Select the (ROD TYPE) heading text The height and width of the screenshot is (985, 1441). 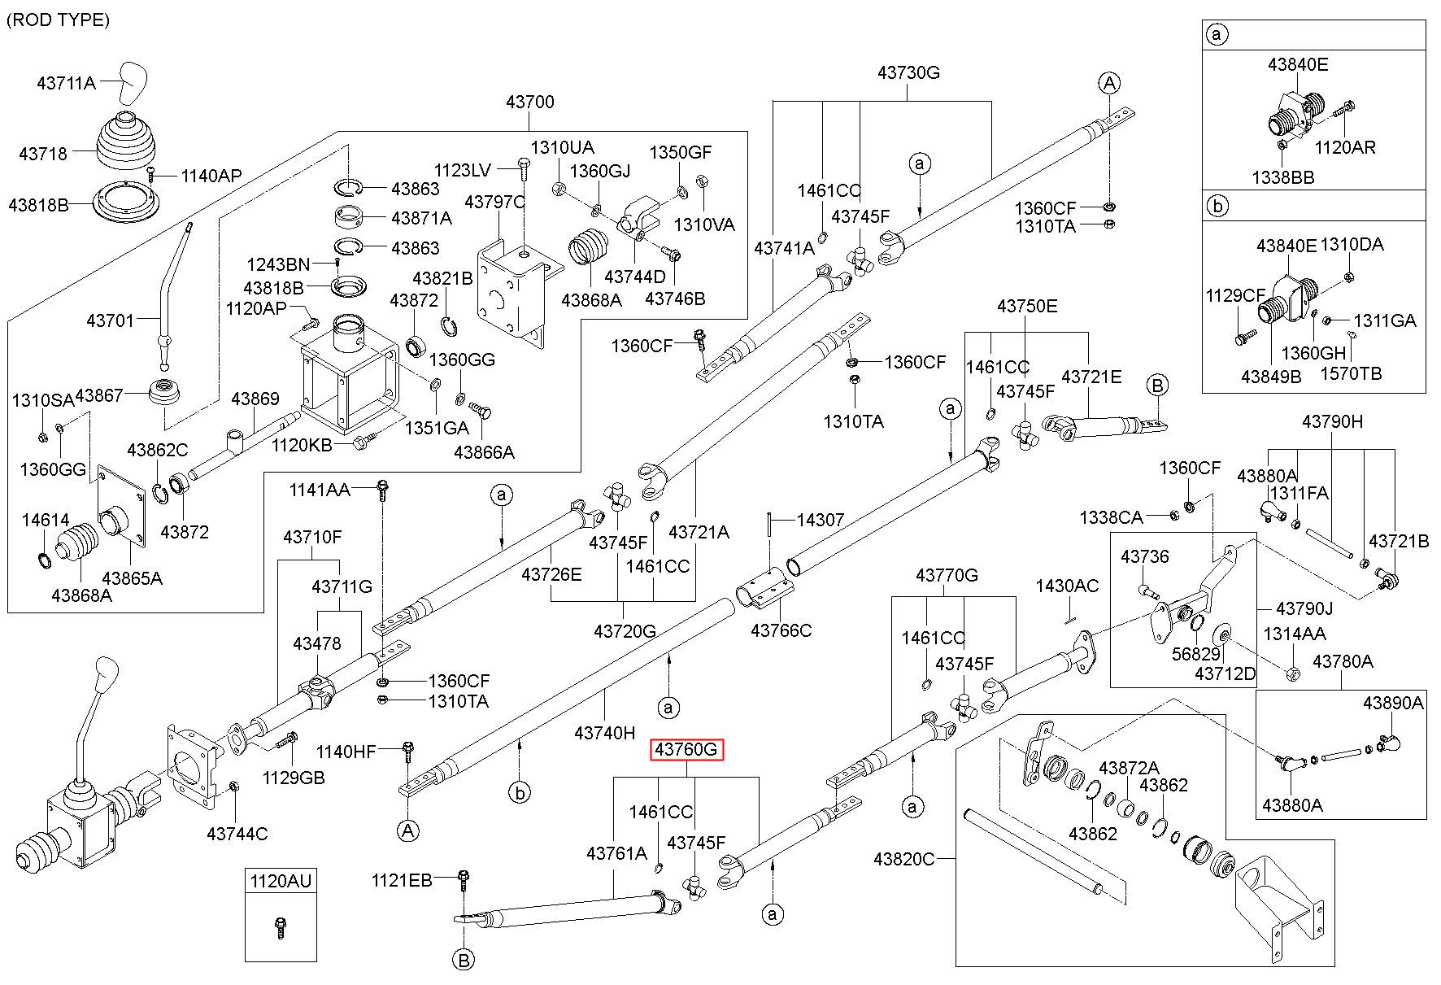(58, 20)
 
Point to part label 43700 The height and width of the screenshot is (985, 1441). (529, 102)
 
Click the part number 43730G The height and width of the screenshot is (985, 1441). (908, 72)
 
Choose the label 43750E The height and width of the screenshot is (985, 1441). (1027, 306)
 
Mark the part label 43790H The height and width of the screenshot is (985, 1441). (1332, 421)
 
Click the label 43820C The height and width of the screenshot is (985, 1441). (904, 858)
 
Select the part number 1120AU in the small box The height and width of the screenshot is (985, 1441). (280, 880)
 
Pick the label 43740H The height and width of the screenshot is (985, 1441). (604, 732)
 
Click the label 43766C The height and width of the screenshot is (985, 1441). (781, 630)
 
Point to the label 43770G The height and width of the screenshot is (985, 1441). (947, 576)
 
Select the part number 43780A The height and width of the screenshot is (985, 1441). (1343, 661)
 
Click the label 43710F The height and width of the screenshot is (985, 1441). (312, 537)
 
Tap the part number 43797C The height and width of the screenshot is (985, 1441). (495, 200)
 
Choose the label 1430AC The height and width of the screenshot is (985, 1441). (1067, 586)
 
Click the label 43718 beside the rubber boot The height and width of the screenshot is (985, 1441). (43, 152)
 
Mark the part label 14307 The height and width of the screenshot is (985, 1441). (820, 519)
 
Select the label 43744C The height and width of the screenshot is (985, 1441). (237, 833)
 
